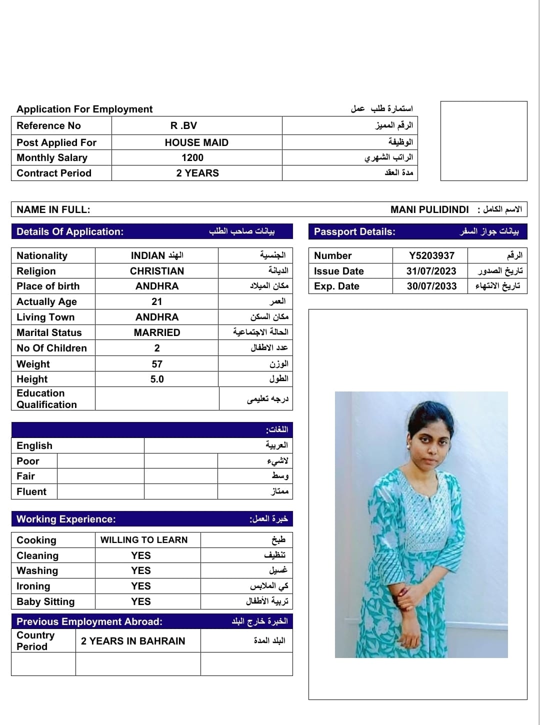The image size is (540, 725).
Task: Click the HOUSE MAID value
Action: coord(196,142)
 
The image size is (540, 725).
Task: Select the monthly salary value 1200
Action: coord(192,158)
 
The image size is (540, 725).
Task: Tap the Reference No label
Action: coord(48,126)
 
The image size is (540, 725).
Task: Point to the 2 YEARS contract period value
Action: coord(197,173)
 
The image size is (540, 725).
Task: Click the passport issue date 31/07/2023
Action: coord(431,271)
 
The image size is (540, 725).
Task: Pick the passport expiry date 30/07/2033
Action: coord(431,286)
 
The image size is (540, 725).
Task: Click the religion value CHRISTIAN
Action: coord(157,271)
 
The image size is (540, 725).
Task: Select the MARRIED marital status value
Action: coord(157,332)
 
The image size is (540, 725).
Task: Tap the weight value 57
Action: coord(157,364)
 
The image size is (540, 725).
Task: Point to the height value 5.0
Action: coord(157,379)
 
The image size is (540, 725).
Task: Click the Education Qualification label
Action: coord(46,399)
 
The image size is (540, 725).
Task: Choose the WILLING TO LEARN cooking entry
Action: coord(144,540)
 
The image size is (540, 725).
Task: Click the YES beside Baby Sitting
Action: coord(141,601)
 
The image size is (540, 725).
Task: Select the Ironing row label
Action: coord(33,586)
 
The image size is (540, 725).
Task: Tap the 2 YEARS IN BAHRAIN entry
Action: coord(133,641)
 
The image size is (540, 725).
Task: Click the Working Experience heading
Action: coord(66,519)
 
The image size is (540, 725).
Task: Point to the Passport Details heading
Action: coord(354,231)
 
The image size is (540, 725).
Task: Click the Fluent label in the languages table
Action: coord(31,491)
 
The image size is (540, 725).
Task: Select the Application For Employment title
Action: coord(84,109)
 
